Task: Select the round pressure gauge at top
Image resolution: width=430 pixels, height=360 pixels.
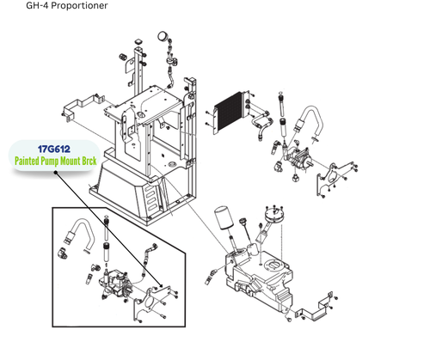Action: click(162, 37)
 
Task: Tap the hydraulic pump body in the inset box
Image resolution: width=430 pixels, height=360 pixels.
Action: click(115, 284)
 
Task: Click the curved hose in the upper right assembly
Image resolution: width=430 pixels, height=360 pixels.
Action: click(307, 119)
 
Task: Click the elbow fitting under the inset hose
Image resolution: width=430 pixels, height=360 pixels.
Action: click(65, 252)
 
